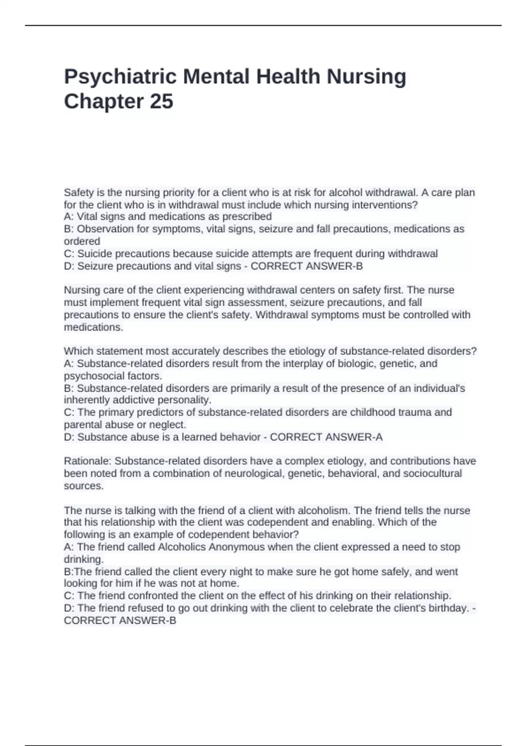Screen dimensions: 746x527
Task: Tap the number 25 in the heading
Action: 162,101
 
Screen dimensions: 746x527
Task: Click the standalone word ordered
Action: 82,241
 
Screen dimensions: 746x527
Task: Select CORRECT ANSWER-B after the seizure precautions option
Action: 307,266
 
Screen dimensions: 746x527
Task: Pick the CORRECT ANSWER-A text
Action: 326,438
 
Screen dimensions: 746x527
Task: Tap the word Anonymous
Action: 236,547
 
